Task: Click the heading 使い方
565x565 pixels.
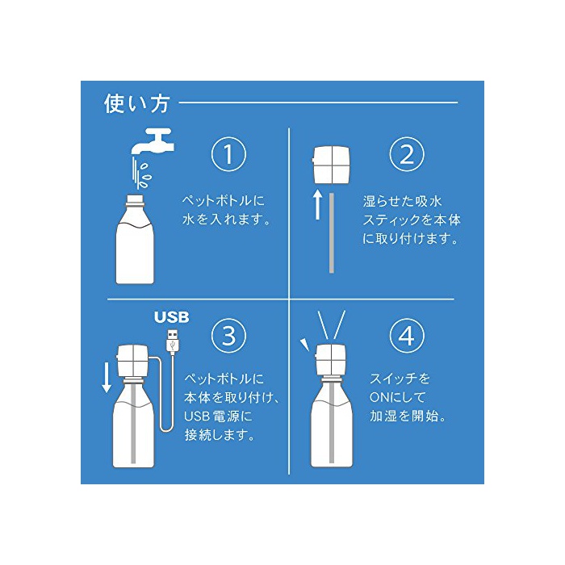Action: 137,103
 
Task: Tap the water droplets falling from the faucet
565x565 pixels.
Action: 141,173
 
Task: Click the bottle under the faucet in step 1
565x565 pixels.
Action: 135,239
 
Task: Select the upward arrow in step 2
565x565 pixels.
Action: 317,205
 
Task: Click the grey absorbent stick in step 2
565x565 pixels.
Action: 332,232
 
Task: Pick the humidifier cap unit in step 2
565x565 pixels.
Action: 331,165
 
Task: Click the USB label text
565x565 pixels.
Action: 171,317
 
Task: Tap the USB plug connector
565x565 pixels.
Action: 173,340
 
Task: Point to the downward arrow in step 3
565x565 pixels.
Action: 107,378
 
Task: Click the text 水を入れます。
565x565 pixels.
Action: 226,220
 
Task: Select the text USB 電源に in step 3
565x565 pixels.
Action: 219,416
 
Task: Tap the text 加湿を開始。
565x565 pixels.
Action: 408,416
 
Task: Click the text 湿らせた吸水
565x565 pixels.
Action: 403,201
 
